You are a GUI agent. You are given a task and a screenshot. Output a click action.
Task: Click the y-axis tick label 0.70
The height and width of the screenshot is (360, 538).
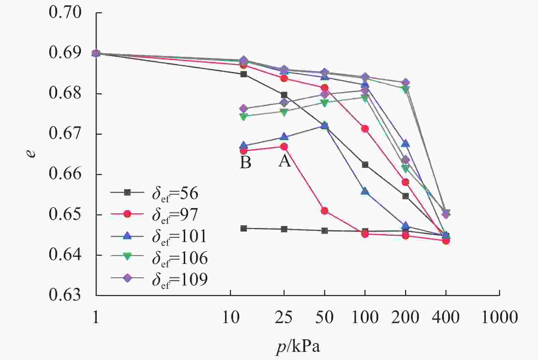tap(65, 13)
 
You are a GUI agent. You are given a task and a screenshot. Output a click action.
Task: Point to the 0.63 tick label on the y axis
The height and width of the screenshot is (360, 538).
tap(65, 295)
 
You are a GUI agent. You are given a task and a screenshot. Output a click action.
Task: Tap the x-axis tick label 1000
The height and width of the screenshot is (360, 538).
tap(499, 318)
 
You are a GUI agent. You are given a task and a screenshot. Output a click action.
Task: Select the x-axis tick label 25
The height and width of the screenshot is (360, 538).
tap(284, 318)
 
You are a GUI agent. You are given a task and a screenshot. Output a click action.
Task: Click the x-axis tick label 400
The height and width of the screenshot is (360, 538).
tap(445, 318)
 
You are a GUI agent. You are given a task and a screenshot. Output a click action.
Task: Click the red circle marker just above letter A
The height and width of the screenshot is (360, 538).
tap(284, 147)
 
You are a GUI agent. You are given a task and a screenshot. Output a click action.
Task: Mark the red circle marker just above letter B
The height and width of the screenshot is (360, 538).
tap(244, 151)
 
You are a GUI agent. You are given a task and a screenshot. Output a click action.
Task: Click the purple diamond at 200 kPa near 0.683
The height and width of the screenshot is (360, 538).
tap(405, 83)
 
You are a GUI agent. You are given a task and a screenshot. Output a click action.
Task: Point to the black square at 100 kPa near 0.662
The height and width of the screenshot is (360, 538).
tap(365, 165)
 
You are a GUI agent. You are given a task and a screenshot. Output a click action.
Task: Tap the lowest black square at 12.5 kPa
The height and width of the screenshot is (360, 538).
tap(244, 228)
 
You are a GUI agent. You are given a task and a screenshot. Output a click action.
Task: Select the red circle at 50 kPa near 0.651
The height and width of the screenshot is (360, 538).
tap(325, 211)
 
